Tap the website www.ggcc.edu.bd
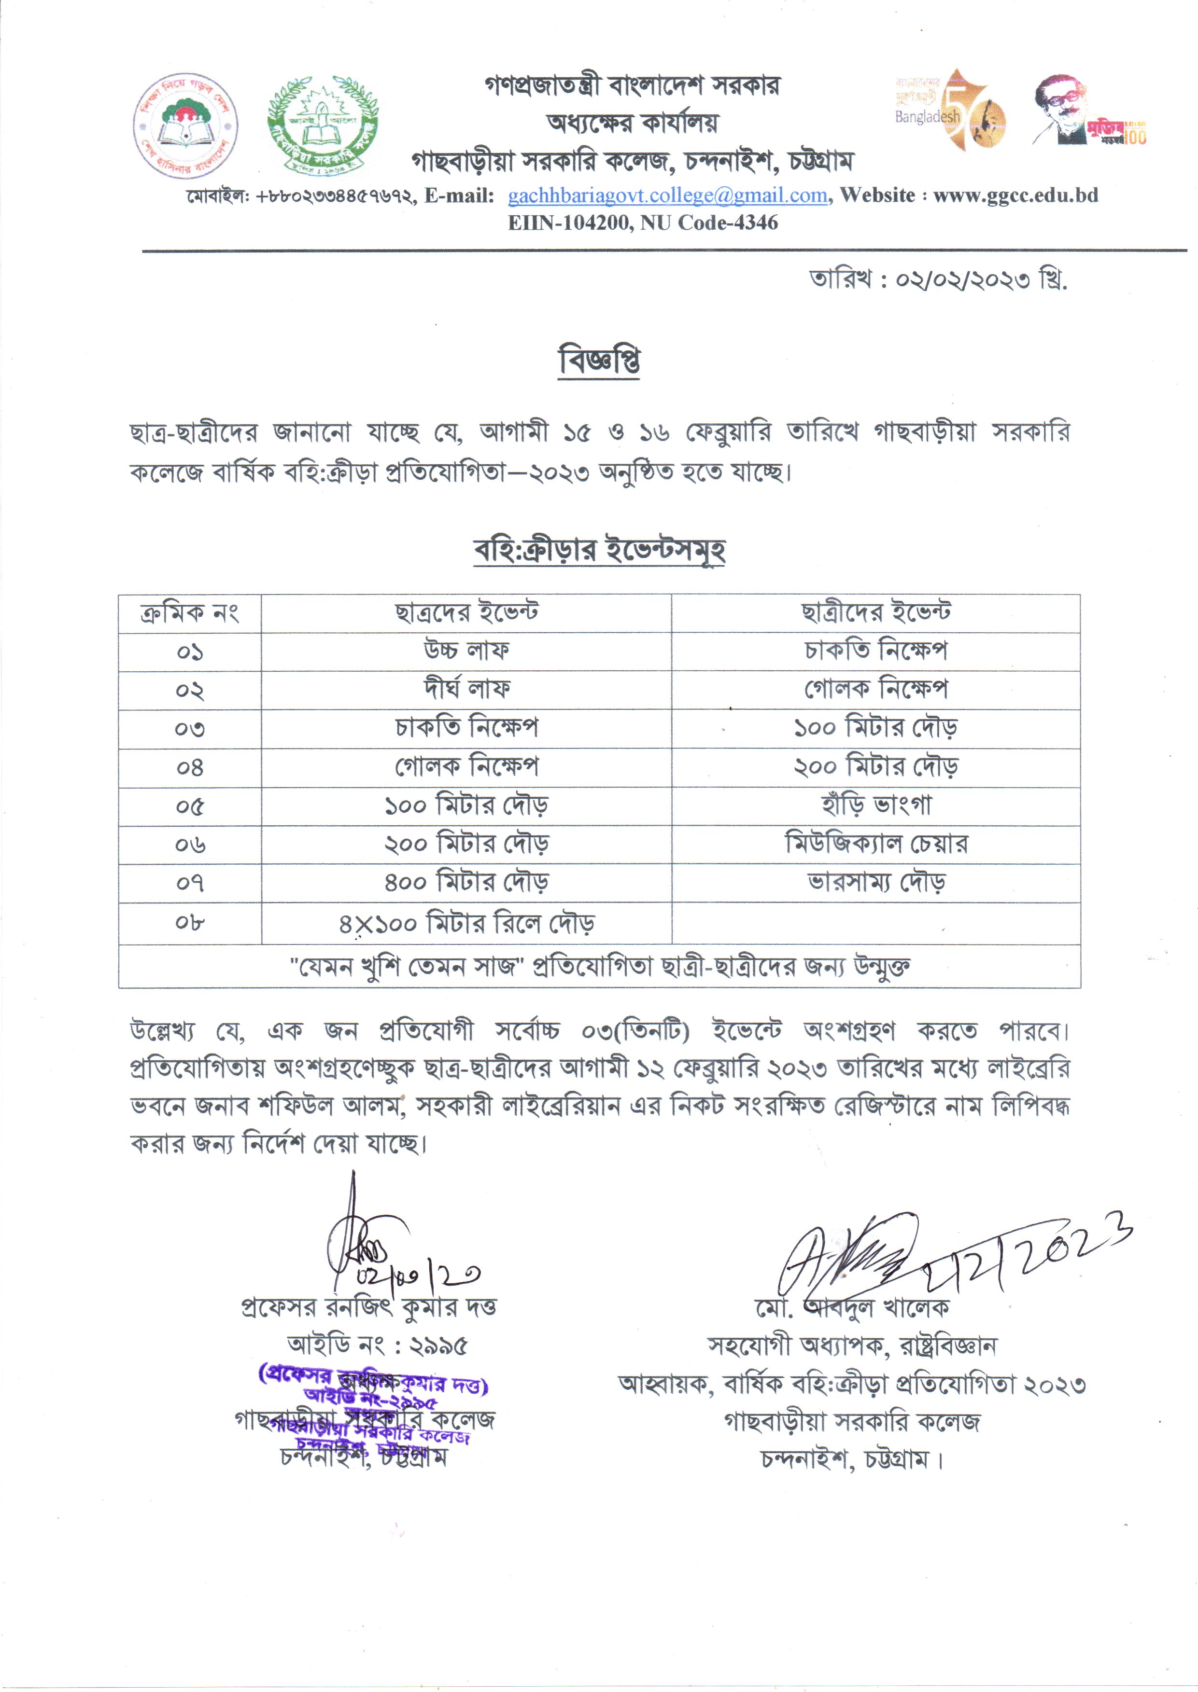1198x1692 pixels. tap(1016, 195)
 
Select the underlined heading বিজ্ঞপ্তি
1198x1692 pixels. tap(599, 361)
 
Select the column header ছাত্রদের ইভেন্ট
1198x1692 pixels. tap(466, 612)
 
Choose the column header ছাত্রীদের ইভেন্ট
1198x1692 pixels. tap(875, 612)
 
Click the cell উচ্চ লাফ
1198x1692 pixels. tap(466, 651)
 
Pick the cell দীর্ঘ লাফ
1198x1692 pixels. tap(466, 689)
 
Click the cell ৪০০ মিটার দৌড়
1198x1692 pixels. tap(466, 883)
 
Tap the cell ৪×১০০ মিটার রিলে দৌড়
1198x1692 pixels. tap(466, 923)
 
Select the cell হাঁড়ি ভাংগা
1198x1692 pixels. tap(875, 805)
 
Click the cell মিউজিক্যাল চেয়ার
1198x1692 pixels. tap(875, 844)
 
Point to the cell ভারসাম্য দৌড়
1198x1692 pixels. tap(875, 883)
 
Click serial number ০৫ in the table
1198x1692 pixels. tap(190, 806)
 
